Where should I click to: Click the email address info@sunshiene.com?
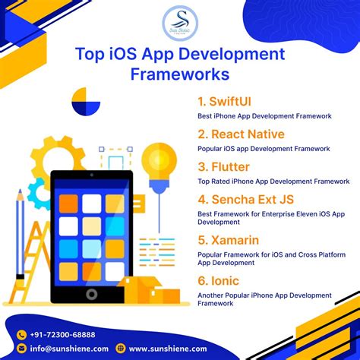[65, 349]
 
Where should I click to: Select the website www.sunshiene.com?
[167, 349]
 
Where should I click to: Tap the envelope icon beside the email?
[22, 349]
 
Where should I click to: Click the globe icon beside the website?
[122, 349]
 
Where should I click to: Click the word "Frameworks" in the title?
[179, 74]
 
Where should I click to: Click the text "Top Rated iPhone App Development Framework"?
[273, 182]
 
